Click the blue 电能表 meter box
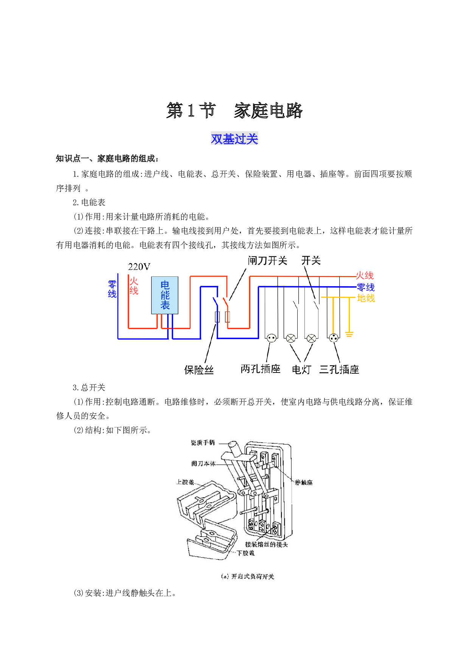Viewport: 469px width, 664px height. (165, 295)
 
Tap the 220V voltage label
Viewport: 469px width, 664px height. (139, 267)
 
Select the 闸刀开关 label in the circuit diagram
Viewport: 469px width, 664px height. (267, 260)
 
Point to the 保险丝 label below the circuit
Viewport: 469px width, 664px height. (199, 370)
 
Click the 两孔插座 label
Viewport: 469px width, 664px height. (261, 369)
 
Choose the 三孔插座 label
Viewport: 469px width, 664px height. (339, 369)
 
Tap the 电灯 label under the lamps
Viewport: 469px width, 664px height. (301, 369)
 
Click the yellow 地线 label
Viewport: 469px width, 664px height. (366, 298)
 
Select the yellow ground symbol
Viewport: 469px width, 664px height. (349, 334)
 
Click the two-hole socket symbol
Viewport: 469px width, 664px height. (272, 338)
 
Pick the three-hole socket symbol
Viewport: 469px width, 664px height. (334, 338)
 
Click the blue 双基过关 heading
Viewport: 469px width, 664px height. (234, 139)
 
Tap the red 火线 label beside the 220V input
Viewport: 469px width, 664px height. (134, 286)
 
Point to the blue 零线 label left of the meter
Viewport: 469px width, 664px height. (112, 289)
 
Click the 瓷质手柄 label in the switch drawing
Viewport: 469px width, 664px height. (203, 443)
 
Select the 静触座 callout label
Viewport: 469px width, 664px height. (304, 482)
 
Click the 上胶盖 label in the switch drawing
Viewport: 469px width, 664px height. (185, 482)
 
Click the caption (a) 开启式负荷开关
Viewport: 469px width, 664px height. (247, 576)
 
